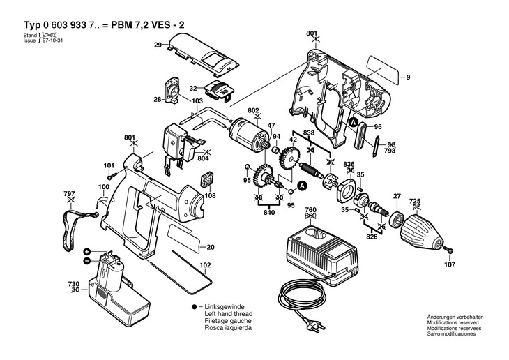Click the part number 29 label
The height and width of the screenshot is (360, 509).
point(158,45)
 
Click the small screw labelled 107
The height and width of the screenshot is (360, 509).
point(448,250)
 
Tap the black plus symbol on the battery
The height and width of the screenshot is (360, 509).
point(86,252)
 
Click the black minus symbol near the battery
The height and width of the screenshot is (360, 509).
point(86,260)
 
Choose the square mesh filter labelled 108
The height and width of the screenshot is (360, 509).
point(207,180)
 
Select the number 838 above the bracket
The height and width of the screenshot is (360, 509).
point(309,133)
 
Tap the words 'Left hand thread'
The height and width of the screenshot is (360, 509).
point(228,314)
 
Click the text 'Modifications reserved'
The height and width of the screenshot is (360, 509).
point(453,322)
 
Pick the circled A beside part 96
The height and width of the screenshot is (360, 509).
point(354,123)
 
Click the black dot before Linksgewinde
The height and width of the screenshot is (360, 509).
point(194,307)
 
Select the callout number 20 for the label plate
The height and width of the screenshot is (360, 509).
point(211,247)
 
